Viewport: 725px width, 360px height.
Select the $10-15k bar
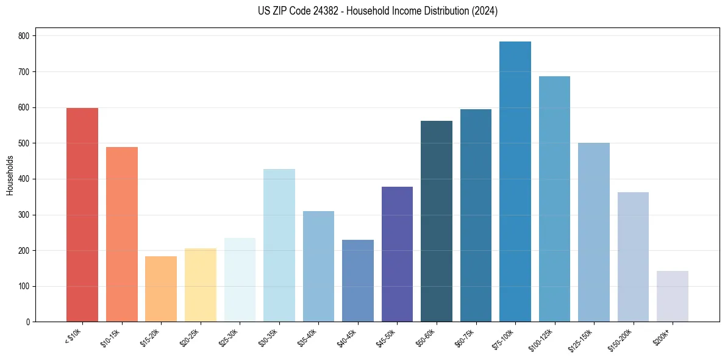[121, 234]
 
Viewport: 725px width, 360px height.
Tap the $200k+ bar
[673, 296]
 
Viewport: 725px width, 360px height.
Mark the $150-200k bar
[633, 257]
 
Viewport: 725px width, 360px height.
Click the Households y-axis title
[10, 175]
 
